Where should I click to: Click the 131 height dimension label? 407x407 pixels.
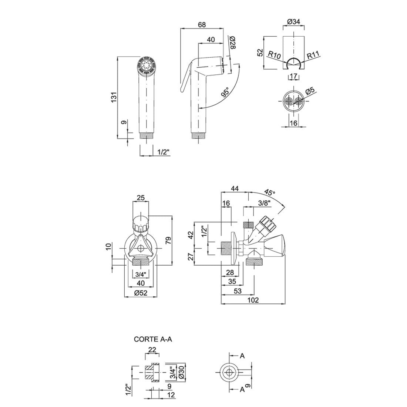(114, 97)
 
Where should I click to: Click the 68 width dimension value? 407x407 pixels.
(202, 25)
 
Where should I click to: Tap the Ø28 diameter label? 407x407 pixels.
(232, 43)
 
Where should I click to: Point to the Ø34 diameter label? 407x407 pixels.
(293, 22)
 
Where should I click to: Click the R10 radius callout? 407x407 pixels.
(274, 55)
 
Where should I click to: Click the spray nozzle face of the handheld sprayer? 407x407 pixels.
(147, 66)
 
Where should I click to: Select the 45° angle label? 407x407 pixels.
(270, 193)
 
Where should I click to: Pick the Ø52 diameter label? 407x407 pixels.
(141, 293)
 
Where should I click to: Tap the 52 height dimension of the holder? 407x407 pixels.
(260, 52)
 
